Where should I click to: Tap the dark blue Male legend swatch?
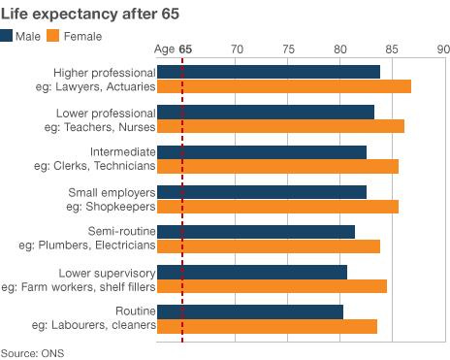tap(8, 36)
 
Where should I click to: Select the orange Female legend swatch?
tap(53, 36)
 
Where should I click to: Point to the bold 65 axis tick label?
tap(184, 49)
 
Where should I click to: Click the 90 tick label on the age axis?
tap(442, 49)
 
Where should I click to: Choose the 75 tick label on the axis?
tap(287, 49)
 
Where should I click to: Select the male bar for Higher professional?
tap(268, 72)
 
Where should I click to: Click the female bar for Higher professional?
tap(283, 86)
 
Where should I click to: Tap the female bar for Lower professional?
tap(280, 126)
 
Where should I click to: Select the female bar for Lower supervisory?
tap(272, 285)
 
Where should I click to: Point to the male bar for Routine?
tap(249, 311)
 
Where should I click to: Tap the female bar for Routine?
tap(267, 326)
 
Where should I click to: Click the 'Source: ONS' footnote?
tap(33, 352)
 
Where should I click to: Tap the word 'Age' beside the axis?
tap(165, 49)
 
